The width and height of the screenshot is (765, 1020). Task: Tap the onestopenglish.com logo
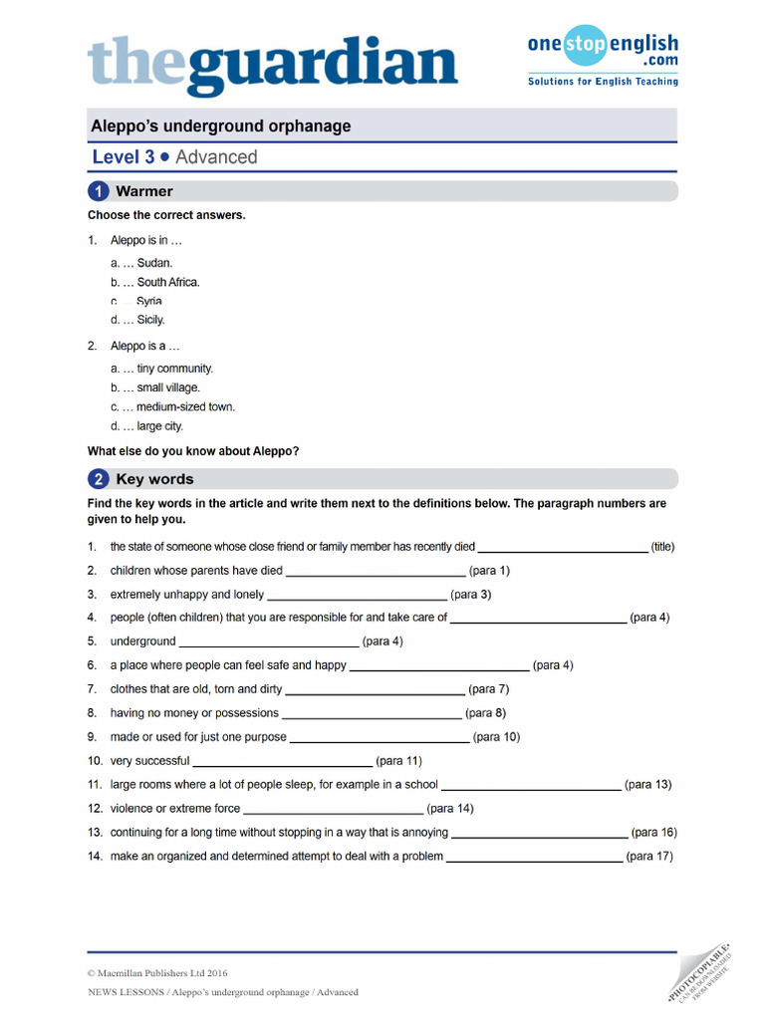click(602, 57)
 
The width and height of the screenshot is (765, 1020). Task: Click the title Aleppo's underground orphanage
click(220, 127)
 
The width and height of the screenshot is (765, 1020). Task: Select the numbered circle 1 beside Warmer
click(99, 191)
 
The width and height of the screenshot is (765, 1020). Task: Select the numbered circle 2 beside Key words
click(99, 479)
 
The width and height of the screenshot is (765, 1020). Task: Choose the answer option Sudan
click(154, 263)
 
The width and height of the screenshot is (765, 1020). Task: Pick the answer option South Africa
click(167, 282)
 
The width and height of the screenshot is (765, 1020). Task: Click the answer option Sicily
click(150, 320)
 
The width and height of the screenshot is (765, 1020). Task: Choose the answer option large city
click(159, 426)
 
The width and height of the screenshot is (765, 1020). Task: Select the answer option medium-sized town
click(185, 406)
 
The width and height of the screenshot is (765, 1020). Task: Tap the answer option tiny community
click(174, 369)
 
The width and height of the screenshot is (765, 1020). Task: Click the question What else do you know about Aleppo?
click(193, 451)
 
